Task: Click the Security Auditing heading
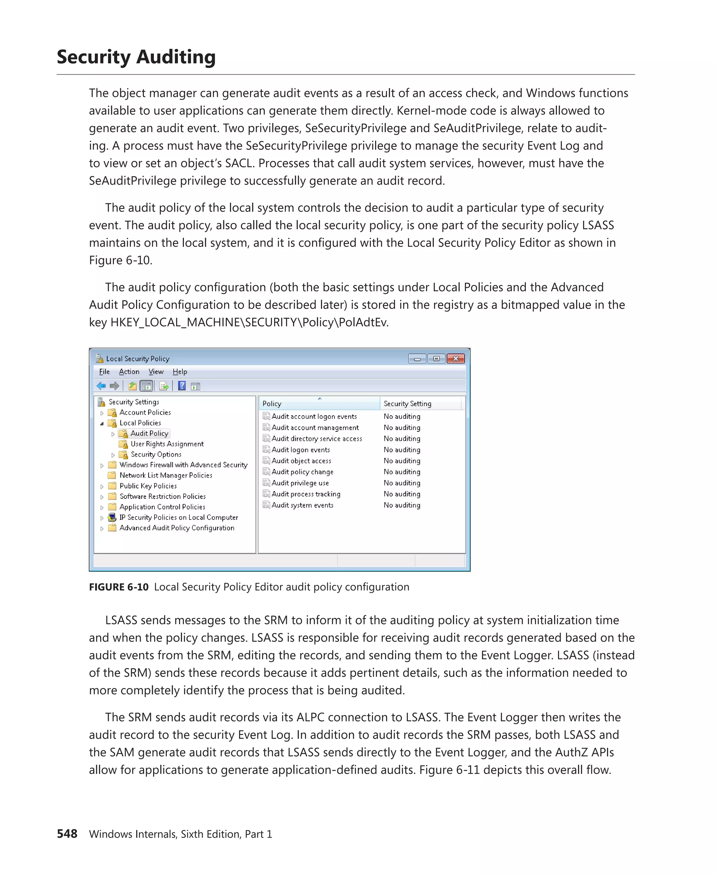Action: pos(136,57)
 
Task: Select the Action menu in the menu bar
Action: pos(129,372)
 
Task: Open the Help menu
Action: pos(179,372)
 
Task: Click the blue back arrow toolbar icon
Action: pos(101,386)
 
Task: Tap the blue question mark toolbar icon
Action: pos(181,386)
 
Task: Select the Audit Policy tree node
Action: pos(149,434)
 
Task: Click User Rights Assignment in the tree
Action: pos(167,444)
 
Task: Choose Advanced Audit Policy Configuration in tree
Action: pos(177,528)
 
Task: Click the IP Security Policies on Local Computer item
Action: pos(178,517)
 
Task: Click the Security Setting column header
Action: pos(407,404)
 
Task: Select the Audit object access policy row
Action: pos(301,461)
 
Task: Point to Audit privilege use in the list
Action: pos(300,483)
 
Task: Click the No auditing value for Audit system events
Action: pos(402,505)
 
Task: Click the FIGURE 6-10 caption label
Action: pos(119,587)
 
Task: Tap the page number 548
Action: pos(67,833)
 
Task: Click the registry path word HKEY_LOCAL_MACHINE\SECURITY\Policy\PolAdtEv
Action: pos(249,322)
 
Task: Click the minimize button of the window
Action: pos(417,359)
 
